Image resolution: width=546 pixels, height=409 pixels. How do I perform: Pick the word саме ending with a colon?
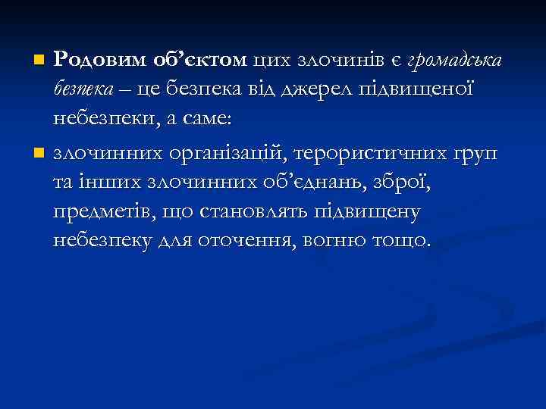[x=193, y=120]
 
